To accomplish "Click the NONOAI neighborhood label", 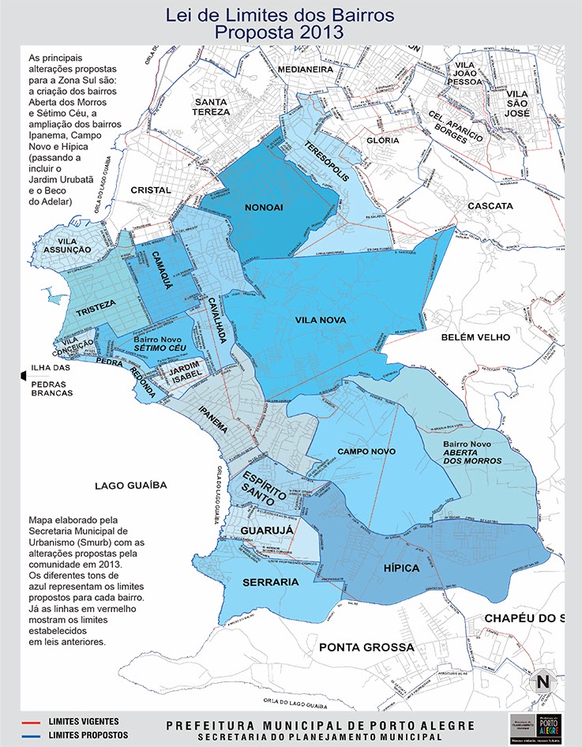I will [x=265, y=208].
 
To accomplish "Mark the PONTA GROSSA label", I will [x=366, y=647].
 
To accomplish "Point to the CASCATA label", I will [x=490, y=206].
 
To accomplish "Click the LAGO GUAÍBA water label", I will [x=132, y=486].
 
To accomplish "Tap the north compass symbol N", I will [x=543, y=681].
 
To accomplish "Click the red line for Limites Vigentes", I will [x=32, y=722].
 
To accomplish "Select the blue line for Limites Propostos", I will [x=32, y=735].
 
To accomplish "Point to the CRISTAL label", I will [x=151, y=190].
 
